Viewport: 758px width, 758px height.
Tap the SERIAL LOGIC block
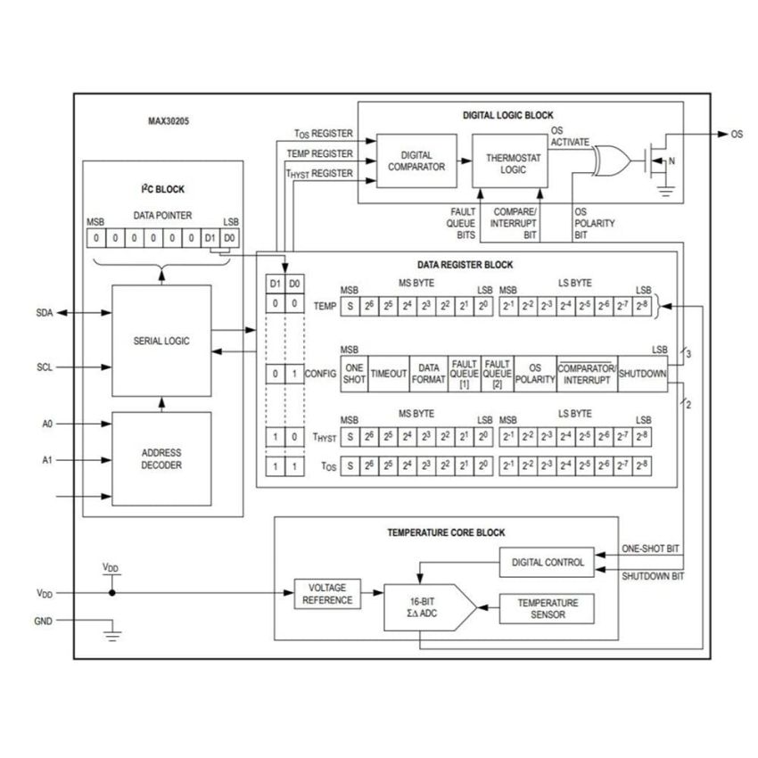click(x=161, y=341)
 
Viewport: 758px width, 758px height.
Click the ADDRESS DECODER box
click(x=161, y=458)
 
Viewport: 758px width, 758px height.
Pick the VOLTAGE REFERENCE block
click(x=327, y=594)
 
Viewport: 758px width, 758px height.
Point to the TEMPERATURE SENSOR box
click(x=548, y=608)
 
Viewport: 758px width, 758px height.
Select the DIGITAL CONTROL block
click(x=548, y=562)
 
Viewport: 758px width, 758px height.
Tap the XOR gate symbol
click(x=611, y=160)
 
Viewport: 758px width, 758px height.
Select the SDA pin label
click(x=45, y=313)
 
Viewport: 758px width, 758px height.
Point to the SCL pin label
click(x=45, y=367)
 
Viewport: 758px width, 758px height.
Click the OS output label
click(x=736, y=135)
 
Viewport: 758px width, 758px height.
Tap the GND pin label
click(x=44, y=621)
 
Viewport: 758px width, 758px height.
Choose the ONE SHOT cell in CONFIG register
click(x=354, y=374)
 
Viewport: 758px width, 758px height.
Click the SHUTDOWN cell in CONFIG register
click(x=642, y=374)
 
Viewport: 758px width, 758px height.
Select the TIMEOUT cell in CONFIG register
click(x=388, y=374)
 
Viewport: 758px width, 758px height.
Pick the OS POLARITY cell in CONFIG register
click(x=535, y=374)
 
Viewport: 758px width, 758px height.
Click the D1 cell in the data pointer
click(x=210, y=238)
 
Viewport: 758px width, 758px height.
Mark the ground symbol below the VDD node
click(x=111, y=635)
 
